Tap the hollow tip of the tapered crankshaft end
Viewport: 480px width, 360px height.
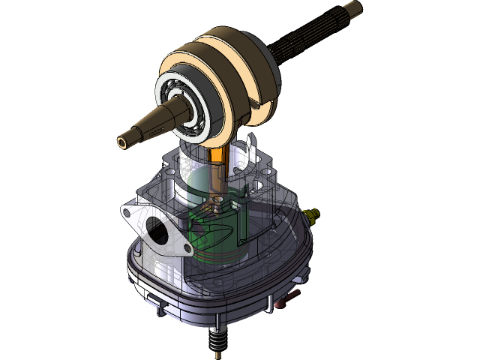[x=122, y=140]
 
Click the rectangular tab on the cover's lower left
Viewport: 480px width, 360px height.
[x=159, y=307]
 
